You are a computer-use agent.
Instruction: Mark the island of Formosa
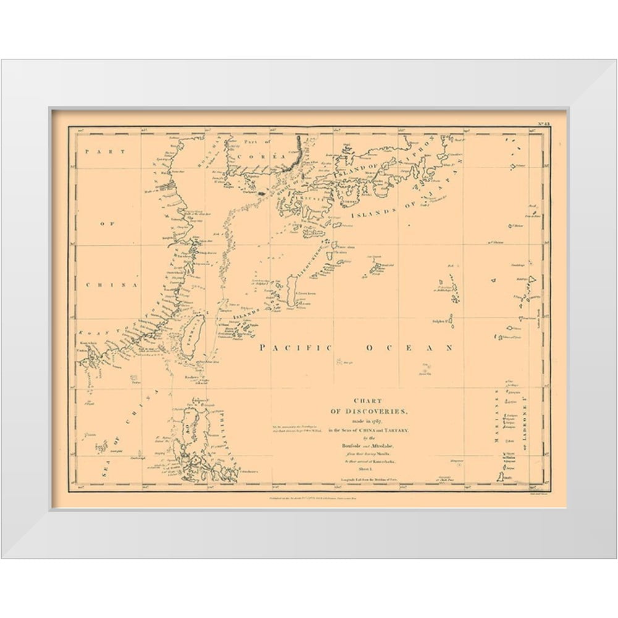click(x=194, y=334)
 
